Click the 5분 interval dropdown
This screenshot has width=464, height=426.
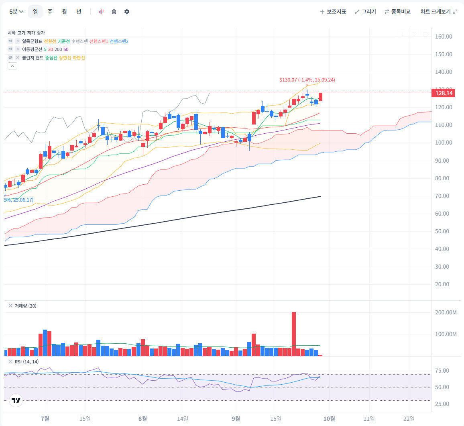pos(16,12)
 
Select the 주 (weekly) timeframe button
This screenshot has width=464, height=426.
pos(50,12)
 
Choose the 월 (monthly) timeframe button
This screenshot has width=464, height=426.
pos(64,12)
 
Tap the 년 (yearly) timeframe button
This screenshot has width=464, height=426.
pos(79,12)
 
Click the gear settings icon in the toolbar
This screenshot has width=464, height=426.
pos(127,12)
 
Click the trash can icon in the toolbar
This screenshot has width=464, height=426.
pos(114,12)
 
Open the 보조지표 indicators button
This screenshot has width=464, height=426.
pos(333,12)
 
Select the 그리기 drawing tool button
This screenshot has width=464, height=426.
pos(365,12)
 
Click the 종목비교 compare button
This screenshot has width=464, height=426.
pos(397,12)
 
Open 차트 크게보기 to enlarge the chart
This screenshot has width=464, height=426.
pos(439,12)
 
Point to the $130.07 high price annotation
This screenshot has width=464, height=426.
pos(307,80)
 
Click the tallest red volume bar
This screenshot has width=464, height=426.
pos(294,333)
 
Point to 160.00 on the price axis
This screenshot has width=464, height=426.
pos(444,37)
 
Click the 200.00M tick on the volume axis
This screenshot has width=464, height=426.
pos(446,312)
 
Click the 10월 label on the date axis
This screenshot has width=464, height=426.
pos(329,419)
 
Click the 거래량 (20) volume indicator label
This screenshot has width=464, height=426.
pos(25,306)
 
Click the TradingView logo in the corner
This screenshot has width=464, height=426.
pos(16,400)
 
